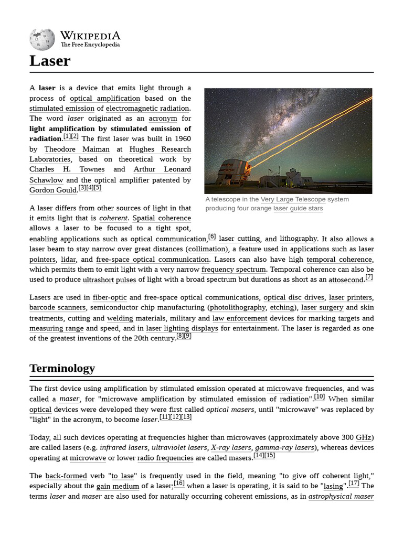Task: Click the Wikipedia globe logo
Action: click(x=41, y=39)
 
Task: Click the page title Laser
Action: click(x=50, y=61)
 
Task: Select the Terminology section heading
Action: click(x=62, y=368)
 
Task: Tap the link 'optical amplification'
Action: click(x=105, y=98)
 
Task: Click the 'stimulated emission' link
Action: click(x=62, y=108)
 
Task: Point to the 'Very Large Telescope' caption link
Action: click(x=293, y=199)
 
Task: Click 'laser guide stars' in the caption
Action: click(x=298, y=208)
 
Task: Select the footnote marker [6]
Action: click(x=212, y=237)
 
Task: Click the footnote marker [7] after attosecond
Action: click(x=369, y=277)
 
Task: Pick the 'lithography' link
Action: click(x=299, y=239)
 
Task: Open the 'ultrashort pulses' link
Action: click(x=109, y=280)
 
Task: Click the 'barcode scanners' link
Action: click(x=57, y=307)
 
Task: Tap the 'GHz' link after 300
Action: click(x=365, y=437)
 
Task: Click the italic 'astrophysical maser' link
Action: click(x=341, y=496)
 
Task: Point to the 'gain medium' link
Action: click(x=118, y=486)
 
